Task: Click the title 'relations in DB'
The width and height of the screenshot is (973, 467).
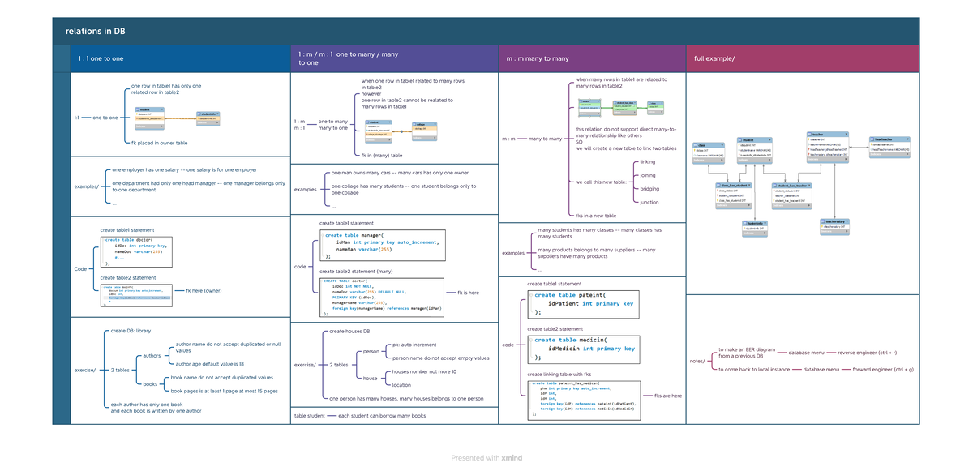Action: pos(95,32)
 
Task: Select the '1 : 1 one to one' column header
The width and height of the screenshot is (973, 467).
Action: pos(101,58)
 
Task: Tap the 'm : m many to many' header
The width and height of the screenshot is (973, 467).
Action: pos(538,58)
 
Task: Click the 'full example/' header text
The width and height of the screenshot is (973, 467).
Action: pos(714,58)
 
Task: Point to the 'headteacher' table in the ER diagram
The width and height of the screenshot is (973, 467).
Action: pos(890,146)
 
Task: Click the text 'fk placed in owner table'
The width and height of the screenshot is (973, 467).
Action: pos(160,143)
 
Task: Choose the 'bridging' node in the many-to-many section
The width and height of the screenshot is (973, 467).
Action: pos(649,189)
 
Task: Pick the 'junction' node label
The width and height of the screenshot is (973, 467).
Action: pos(649,202)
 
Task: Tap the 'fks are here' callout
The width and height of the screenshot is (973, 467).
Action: pos(668,396)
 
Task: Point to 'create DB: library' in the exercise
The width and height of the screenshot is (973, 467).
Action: pos(131,331)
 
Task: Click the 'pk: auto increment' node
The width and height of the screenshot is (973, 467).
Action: pos(414,345)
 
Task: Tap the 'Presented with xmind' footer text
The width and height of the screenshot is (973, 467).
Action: pos(486,458)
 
